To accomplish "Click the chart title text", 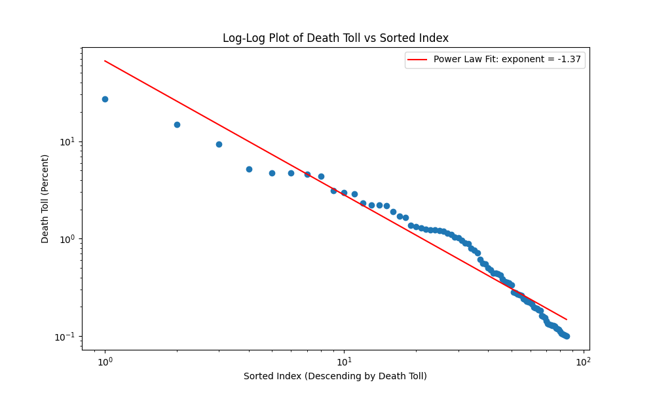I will [335, 38].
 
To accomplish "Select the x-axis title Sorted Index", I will [335, 376].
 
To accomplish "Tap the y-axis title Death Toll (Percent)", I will [45, 198].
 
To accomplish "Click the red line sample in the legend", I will [417, 60].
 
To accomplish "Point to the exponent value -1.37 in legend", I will [569, 60].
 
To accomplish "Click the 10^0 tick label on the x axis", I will [105, 362].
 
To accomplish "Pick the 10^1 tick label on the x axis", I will [344, 362].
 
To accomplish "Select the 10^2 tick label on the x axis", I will [583, 362].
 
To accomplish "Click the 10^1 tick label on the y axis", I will [68, 142].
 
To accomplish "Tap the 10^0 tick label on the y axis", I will [68, 239].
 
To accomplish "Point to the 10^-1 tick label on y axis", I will [67, 336].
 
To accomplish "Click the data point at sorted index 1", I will [105, 99].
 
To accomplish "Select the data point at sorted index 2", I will [177, 124].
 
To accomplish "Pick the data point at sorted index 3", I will [219, 144].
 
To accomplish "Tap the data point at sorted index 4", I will [249, 169].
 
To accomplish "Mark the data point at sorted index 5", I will [272, 173].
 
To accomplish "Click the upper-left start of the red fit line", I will [105, 61].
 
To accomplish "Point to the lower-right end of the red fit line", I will [566, 320].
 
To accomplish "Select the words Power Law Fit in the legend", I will [461, 60].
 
